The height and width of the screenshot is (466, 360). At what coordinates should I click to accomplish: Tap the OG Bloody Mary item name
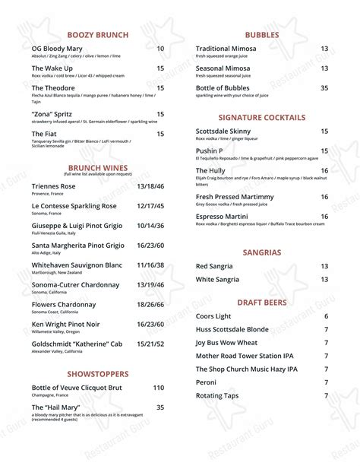point(58,49)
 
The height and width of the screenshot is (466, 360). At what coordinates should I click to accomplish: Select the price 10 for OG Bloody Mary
point(160,49)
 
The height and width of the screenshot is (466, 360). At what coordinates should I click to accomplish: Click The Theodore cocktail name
point(53,88)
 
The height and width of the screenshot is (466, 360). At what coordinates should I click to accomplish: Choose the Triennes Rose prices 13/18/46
point(150,186)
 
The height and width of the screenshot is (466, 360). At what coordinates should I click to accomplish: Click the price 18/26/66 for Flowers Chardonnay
point(150,305)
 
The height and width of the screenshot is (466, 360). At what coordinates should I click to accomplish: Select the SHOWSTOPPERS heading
point(98,374)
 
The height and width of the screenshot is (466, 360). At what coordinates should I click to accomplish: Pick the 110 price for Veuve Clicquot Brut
point(158,388)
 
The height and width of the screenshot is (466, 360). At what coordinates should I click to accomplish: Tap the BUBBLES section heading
point(262,35)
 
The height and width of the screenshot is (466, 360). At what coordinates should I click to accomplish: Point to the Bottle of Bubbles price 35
point(324,88)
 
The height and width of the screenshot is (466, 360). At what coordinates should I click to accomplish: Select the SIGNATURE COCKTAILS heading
point(262,118)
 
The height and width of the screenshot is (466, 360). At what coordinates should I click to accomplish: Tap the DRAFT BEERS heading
point(262,302)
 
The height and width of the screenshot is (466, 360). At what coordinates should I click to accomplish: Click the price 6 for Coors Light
point(326,316)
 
